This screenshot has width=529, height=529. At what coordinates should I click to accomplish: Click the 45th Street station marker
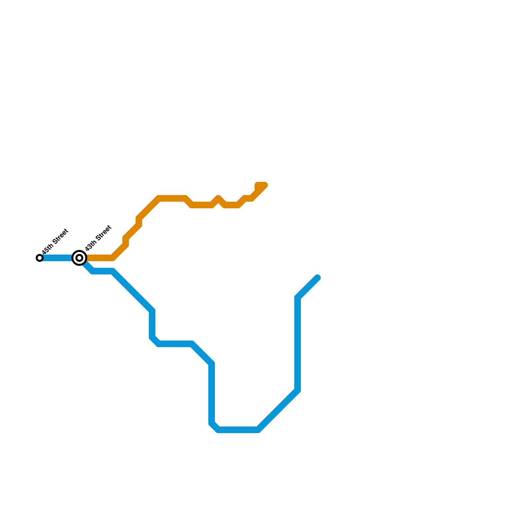click(40, 258)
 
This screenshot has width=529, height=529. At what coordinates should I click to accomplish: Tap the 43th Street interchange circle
click(79, 258)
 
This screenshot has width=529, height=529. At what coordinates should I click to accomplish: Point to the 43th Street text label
click(98, 238)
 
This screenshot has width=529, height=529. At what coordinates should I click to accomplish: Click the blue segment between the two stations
click(58, 258)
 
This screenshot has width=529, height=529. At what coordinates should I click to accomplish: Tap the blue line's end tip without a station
click(318, 277)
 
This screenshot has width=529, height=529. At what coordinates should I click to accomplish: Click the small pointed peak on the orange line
click(218, 198)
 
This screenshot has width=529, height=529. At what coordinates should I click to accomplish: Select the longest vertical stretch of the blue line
click(298, 344)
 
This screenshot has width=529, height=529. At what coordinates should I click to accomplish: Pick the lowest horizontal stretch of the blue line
click(238, 430)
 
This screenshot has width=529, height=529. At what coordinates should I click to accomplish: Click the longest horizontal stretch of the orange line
click(172, 198)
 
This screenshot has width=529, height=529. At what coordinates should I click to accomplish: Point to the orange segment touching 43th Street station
click(99, 258)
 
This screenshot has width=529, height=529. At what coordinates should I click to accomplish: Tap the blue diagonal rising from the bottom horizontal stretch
click(278, 410)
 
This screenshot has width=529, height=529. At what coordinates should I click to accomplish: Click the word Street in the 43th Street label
click(103, 233)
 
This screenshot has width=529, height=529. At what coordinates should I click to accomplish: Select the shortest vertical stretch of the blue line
click(152, 324)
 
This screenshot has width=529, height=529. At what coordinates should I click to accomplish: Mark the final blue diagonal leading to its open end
click(307, 288)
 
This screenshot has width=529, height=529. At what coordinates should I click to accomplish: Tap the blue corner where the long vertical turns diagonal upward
click(298, 298)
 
